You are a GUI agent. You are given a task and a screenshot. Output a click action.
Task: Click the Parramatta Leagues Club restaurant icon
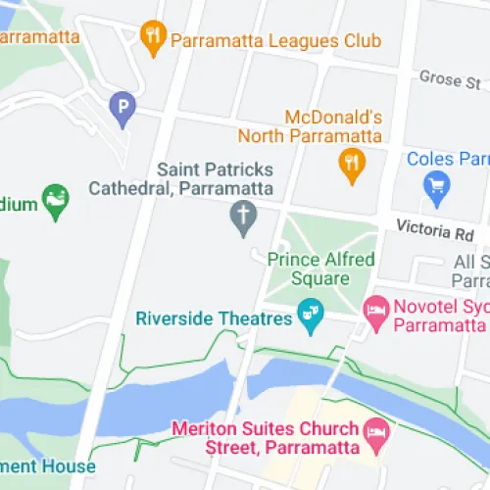click(152, 39)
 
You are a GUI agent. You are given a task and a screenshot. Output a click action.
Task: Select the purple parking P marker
click(122, 109)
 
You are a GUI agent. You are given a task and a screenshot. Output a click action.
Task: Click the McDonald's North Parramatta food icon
click(351, 166)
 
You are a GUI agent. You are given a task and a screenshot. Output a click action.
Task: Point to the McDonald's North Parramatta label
click(332, 125)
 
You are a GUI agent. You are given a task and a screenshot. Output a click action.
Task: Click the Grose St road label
click(450, 77)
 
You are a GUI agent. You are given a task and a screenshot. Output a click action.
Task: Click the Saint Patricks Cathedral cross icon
click(242, 219)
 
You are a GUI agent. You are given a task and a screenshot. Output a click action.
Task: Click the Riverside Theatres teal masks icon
click(311, 318)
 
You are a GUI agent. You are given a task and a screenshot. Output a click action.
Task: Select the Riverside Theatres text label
click(215, 318)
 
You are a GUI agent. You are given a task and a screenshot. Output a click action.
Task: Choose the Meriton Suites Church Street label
click(265, 440)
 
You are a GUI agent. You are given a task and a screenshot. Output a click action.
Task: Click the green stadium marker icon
click(56, 202)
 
